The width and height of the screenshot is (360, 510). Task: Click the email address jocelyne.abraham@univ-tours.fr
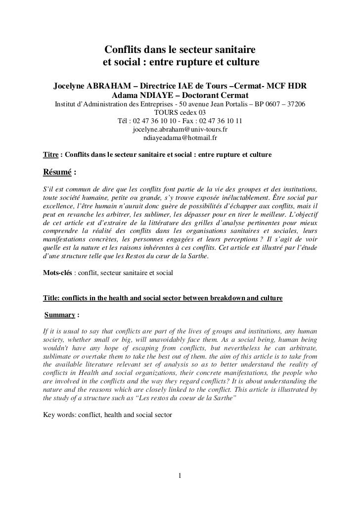pyautogui.click(x=180, y=129)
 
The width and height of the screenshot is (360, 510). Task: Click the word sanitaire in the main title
pyautogui.click(x=232, y=50)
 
